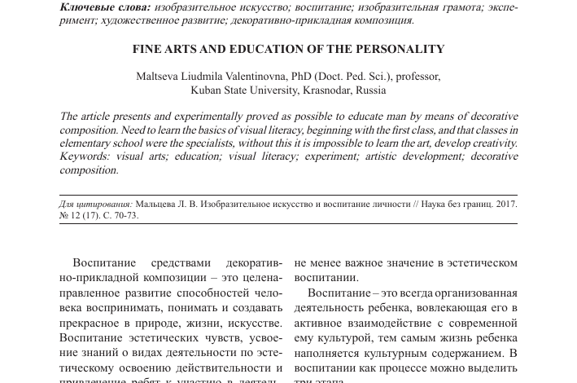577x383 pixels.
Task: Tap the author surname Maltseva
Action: coord(159,77)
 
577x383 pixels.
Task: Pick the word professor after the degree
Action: coord(417,77)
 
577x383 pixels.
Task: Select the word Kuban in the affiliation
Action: coord(206,90)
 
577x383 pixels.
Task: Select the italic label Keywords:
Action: coord(87,157)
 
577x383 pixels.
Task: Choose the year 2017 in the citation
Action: coord(505,204)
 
